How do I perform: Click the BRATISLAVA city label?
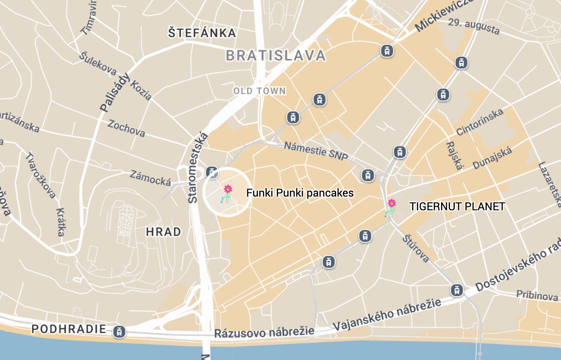coord(276,56)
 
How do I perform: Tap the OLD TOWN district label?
coord(259,91)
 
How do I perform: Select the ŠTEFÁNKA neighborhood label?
coord(202,33)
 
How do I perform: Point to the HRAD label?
coord(163,232)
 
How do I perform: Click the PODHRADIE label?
coord(69,329)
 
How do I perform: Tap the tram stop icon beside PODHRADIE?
coord(119,331)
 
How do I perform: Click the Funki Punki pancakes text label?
coord(300,193)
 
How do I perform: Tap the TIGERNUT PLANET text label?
coord(457,207)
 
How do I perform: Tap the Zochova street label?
coord(127,128)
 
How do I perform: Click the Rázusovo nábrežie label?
coord(264,332)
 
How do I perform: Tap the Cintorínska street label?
coord(480,122)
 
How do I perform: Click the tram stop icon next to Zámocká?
coord(212,172)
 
